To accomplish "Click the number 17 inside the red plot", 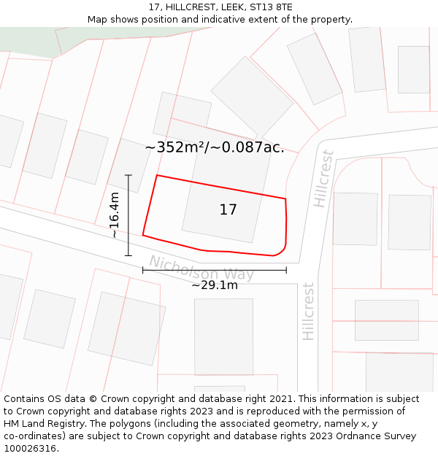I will [228, 210].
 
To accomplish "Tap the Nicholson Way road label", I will [201, 268].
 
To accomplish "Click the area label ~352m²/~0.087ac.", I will [215, 147].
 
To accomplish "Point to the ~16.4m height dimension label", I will [115, 215].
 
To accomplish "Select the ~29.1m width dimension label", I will [215, 285].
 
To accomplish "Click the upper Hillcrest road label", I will [323, 179].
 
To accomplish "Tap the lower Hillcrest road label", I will [309, 312].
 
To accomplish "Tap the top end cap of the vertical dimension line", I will [128, 175].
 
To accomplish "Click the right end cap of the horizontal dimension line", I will [286, 270].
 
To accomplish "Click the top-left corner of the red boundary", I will [157, 175].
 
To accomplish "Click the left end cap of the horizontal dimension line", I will [143, 270].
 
